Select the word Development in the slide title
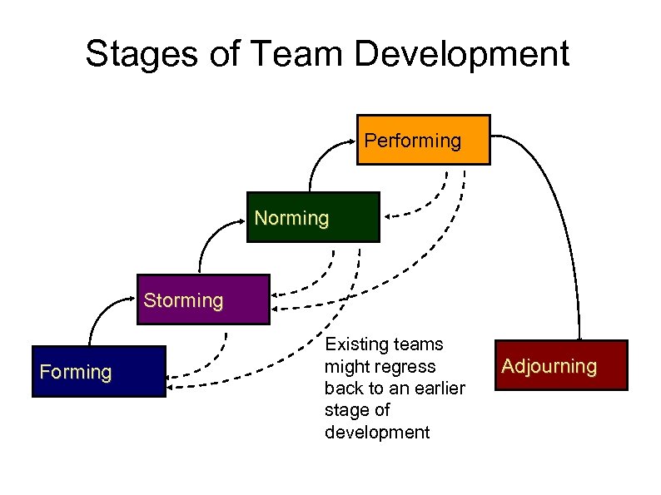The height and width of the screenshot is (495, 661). click(x=462, y=54)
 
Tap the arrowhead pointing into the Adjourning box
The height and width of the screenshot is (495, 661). click(x=578, y=335)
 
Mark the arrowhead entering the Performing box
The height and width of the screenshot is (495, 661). click(x=354, y=141)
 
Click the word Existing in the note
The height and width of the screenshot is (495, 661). click(x=353, y=344)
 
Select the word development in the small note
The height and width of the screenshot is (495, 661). click(x=377, y=432)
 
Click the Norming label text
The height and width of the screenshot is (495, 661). click(x=291, y=218)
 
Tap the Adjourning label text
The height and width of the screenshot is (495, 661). click(x=549, y=366)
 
